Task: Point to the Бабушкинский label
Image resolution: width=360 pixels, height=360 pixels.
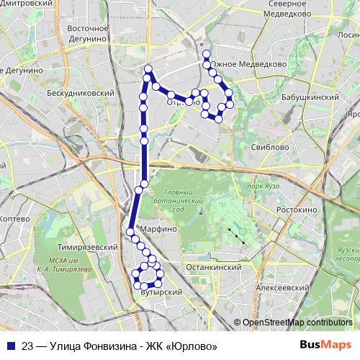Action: (x=309, y=96)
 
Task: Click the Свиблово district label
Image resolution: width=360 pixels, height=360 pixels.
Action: (x=271, y=147)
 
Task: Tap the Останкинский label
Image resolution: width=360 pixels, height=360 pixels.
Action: (x=219, y=267)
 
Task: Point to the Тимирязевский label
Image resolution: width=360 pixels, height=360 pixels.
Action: (x=88, y=247)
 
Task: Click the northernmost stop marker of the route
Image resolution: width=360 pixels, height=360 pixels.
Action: (x=206, y=54)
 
